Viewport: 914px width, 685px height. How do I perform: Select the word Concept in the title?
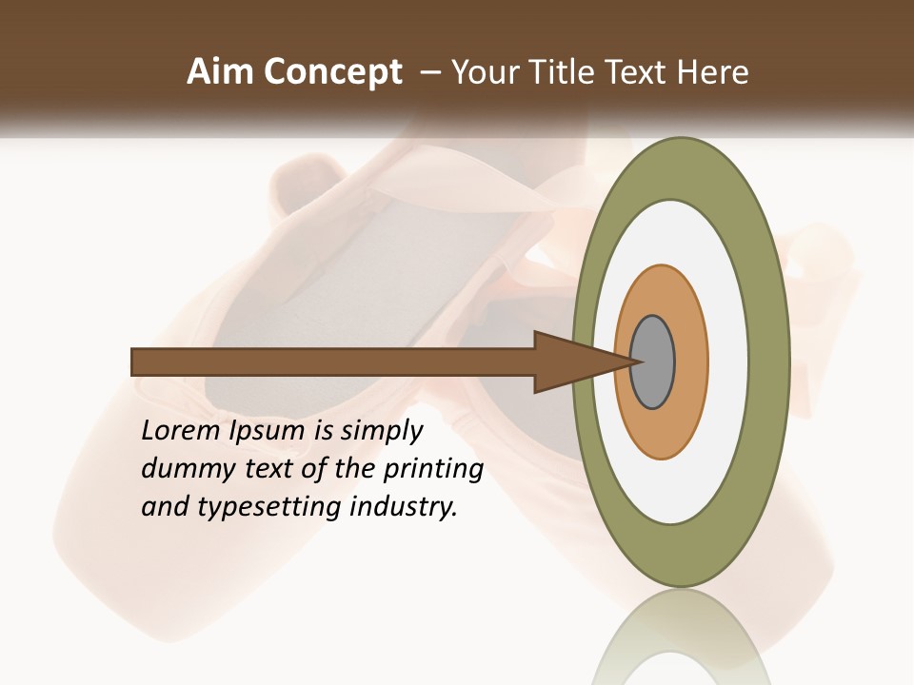[x=333, y=73]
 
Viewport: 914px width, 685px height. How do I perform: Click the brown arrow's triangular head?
[x=571, y=362]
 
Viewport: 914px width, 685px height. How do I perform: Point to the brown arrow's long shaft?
[x=333, y=362]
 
